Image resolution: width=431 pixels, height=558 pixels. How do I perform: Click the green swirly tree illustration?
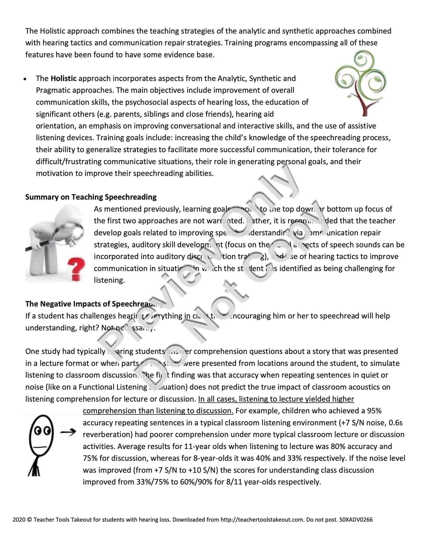(x=361, y=77)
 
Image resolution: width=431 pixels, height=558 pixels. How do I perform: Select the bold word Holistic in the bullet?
(x=64, y=78)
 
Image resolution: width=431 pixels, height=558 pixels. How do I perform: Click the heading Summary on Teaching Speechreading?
(x=91, y=197)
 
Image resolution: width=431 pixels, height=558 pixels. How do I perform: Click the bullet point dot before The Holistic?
(x=25, y=79)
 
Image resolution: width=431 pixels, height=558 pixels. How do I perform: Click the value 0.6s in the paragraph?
(x=395, y=423)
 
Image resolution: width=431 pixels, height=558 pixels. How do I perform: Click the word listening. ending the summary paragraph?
(x=109, y=280)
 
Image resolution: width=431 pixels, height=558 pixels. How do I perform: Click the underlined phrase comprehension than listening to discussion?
(x=158, y=411)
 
